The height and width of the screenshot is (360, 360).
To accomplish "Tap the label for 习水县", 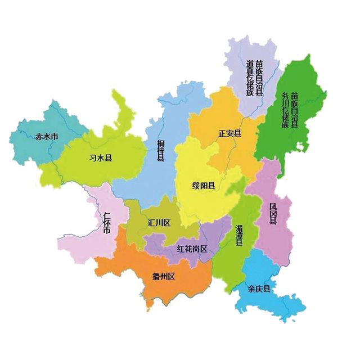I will [101, 158].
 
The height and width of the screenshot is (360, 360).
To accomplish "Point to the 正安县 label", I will [229, 134].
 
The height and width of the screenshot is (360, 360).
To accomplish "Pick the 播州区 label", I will [164, 276].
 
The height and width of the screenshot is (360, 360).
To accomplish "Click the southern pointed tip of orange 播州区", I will [149, 307].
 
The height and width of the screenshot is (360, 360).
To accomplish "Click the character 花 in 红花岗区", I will [188, 249].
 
